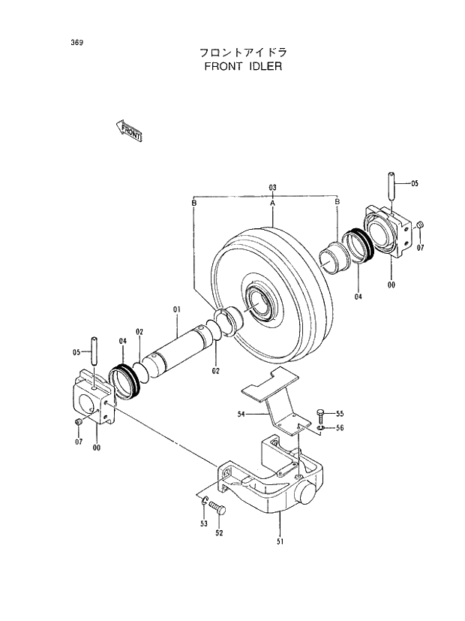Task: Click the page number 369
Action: click(77, 41)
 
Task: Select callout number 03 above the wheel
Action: click(273, 187)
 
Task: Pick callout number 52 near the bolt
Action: click(220, 534)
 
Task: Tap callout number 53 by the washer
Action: click(203, 523)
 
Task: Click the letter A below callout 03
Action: click(273, 203)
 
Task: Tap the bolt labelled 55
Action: click(321, 415)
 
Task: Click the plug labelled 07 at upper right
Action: click(420, 225)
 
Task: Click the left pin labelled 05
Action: click(95, 351)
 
